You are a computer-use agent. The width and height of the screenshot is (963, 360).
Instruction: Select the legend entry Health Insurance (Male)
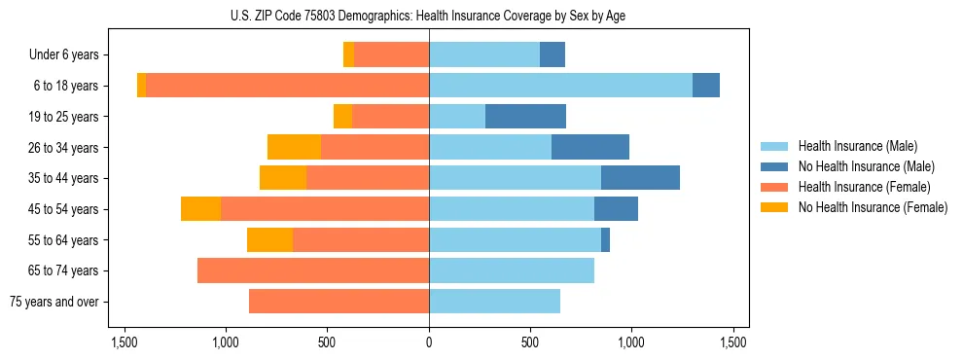pyautogui.click(x=857, y=146)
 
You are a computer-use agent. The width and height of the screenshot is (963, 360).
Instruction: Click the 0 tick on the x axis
pyautogui.click(x=429, y=342)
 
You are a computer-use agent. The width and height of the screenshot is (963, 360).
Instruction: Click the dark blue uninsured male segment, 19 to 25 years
pyautogui.click(x=525, y=117)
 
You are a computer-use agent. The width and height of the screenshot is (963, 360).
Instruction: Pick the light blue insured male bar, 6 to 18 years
pyautogui.click(x=560, y=86)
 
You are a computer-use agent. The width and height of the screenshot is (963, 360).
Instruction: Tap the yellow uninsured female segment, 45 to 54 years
pyautogui.click(x=200, y=209)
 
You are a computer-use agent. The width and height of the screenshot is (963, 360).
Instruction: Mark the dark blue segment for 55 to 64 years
pyautogui.click(x=605, y=239)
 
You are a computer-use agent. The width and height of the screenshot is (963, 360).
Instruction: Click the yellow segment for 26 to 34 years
pyautogui.click(x=294, y=147)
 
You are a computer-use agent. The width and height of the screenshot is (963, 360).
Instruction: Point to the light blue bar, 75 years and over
pyautogui.click(x=494, y=302)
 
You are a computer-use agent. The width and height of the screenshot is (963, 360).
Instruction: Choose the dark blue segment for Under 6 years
pyautogui.click(x=553, y=55)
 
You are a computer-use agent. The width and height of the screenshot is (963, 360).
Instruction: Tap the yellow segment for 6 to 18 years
pyautogui.click(x=141, y=86)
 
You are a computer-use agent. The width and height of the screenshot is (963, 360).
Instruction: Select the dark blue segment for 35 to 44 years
pyautogui.click(x=640, y=178)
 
